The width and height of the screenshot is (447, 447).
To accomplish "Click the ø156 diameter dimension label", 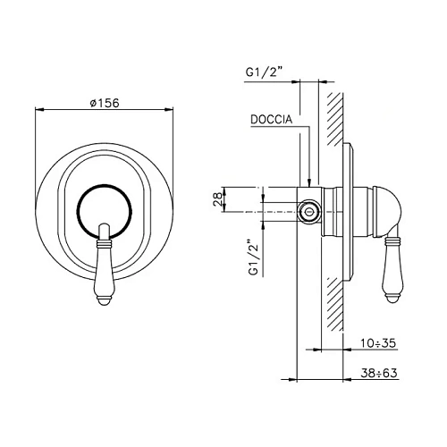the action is click(x=105, y=103).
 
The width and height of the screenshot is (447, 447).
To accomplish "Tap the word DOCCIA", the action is click(x=272, y=120).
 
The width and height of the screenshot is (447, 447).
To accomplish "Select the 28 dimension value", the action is click(x=218, y=199).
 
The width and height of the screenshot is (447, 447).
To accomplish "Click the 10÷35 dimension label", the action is click(x=378, y=343).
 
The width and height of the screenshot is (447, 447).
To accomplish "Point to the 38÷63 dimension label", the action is click(x=379, y=373).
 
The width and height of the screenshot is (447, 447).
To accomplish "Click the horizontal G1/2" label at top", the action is click(x=264, y=72).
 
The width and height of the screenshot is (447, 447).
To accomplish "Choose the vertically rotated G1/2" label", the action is click(x=253, y=257).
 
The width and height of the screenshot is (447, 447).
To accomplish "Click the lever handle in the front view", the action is click(x=104, y=265).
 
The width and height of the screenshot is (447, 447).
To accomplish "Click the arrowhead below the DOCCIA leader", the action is click(x=310, y=182).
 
